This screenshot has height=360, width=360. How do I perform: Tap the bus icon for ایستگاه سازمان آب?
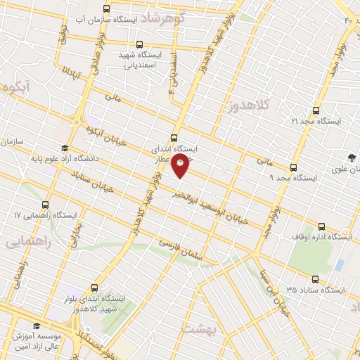pyautogui.click(x=106, y=9)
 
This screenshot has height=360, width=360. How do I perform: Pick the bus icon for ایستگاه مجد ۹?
pyautogui.click(x=293, y=167)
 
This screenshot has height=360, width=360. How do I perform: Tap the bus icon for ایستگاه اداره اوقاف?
pyautogui.click(x=321, y=227)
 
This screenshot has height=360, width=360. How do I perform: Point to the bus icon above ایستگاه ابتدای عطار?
pyautogui.click(x=174, y=138)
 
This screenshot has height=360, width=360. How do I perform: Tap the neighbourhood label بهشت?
pyautogui.click(x=201, y=329)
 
